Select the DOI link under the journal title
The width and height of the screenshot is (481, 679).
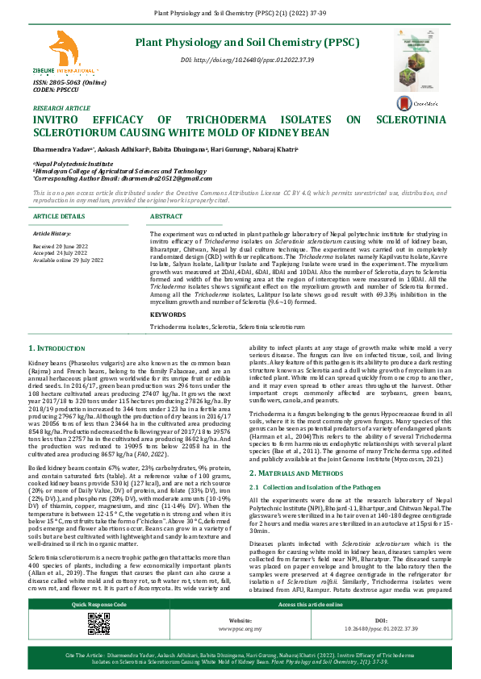click(x=246, y=60)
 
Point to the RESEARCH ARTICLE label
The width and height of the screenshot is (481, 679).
click(x=61, y=107)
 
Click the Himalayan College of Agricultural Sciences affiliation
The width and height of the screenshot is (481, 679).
click(x=119, y=171)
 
